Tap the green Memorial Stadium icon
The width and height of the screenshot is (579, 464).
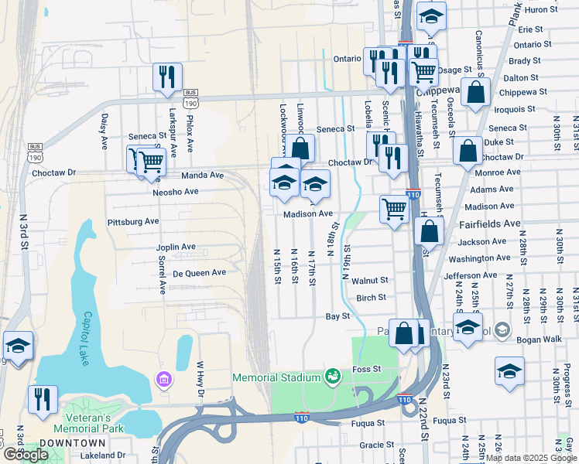click(333, 377)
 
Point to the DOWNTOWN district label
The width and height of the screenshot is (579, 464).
click(72, 442)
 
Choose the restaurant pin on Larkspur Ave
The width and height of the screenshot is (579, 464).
click(167, 77)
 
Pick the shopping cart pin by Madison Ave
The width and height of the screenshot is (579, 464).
click(395, 209)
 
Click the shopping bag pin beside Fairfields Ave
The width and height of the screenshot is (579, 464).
click(429, 230)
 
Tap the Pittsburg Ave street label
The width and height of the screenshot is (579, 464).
click(134, 221)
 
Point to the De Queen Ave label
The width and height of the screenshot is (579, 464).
click(199, 272)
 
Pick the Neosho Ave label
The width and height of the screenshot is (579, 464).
click(176, 191)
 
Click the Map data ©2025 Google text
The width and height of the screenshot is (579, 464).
click(530, 458)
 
